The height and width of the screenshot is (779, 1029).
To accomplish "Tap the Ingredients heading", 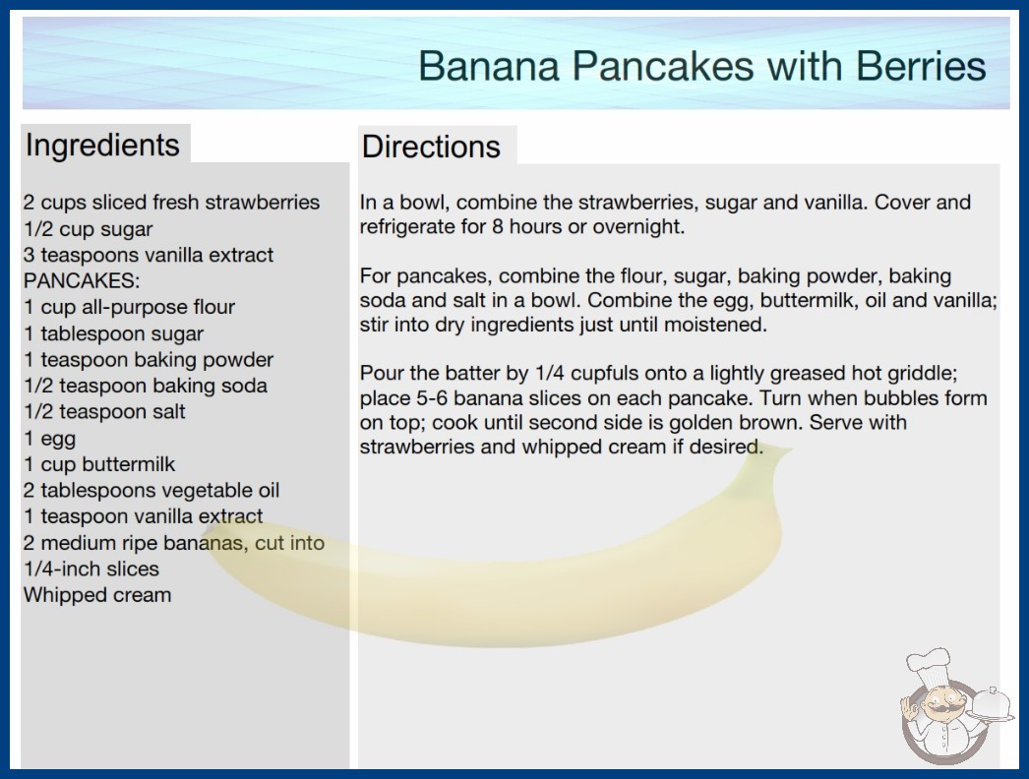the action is click(102, 146).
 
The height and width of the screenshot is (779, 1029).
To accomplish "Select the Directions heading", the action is click(431, 147).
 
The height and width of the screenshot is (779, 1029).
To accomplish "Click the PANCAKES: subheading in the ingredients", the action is click(82, 281).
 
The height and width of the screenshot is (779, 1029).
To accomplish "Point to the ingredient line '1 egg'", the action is click(50, 439).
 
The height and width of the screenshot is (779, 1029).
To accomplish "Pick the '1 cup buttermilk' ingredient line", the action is click(99, 464).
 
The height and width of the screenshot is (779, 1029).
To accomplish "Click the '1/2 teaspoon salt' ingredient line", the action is click(105, 411).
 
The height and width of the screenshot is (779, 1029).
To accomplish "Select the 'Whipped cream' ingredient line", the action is click(97, 595).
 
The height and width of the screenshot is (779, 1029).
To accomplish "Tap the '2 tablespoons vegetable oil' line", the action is click(151, 490).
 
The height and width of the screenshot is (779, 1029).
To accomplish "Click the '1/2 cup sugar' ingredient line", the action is click(88, 229).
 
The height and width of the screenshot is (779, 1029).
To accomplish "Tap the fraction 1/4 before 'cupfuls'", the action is click(550, 373).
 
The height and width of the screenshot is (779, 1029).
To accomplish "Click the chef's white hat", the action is click(928, 666).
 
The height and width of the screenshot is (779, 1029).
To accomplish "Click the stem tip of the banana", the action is click(785, 450).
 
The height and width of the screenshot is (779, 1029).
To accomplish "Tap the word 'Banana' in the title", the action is click(489, 66).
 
